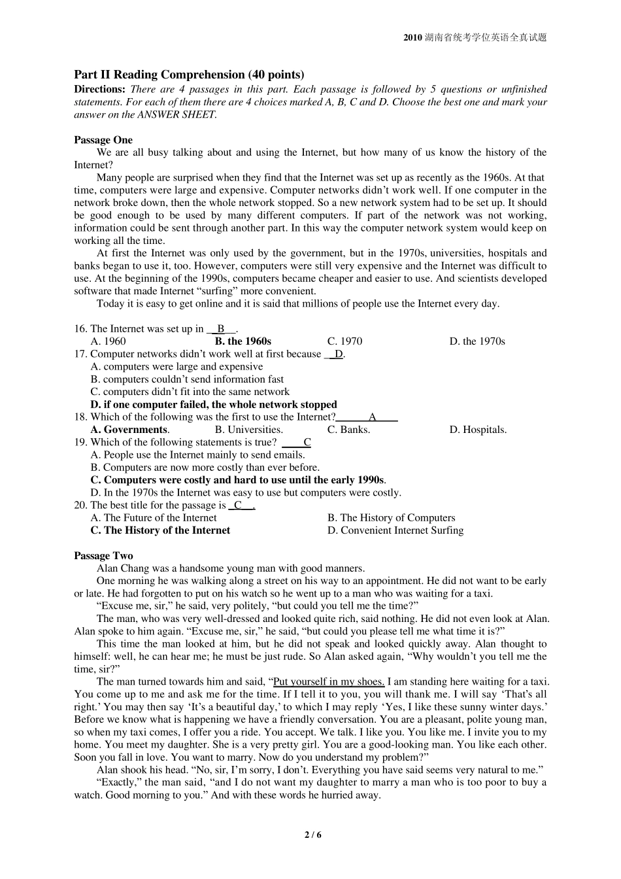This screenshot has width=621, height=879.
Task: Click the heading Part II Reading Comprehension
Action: [189, 75]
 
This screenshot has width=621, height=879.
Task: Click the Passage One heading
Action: [103, 140]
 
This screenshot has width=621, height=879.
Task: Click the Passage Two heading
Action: [103, 556]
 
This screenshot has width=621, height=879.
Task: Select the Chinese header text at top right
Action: [475, 37]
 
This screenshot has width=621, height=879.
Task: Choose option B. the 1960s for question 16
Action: [243, 341]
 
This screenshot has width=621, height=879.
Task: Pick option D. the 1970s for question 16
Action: [477, 341]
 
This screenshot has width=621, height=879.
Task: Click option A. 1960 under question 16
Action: [108, 341]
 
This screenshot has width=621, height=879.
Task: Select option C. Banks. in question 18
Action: [348, 430]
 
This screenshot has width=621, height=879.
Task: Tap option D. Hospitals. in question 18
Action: [478, 430]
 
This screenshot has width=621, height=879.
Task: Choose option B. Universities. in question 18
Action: [248, 430]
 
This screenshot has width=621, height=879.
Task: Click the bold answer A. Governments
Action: [129, 430]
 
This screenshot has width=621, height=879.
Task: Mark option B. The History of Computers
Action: [391, 518]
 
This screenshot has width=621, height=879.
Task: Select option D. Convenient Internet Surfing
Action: [395, 530]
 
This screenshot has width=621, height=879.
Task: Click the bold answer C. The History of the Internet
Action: [160, 530]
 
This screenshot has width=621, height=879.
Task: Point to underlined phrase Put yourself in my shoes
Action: [329, 681]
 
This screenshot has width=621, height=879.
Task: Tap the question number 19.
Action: [80, 442]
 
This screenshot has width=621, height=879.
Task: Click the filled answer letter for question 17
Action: [339, 354]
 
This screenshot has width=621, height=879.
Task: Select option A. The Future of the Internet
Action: [154, 518]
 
